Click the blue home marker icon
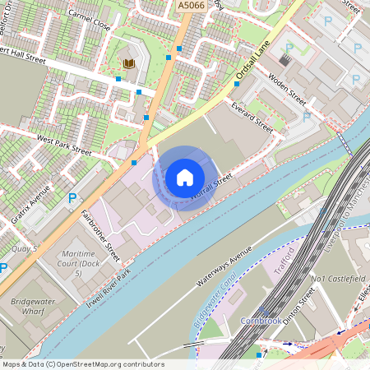(185, 178)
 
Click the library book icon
(129, 63)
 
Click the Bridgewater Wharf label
(32, 308)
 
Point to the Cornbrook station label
(261, 320)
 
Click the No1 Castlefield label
(337, 279)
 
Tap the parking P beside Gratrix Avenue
(72, 198)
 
